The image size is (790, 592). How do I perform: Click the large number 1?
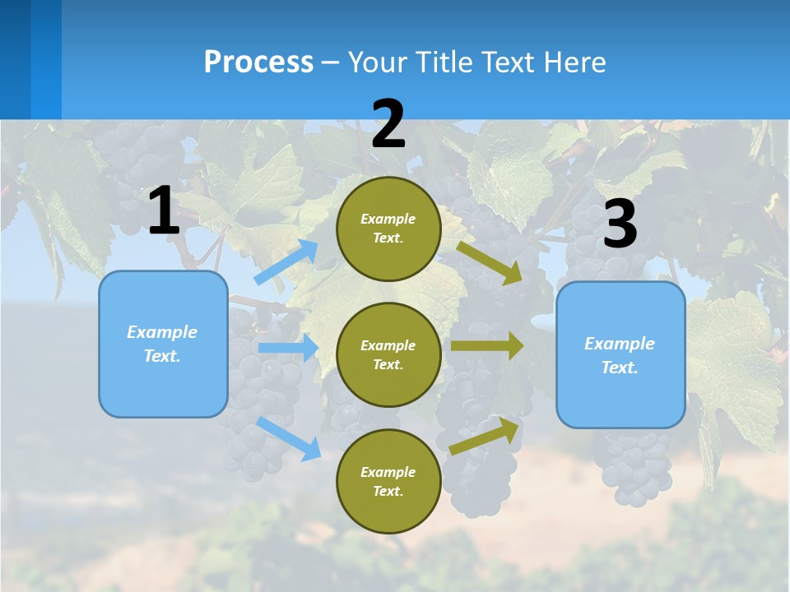click(164, 211)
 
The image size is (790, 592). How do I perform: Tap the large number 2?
click(388, 124)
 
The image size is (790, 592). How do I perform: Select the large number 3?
click(620, 224)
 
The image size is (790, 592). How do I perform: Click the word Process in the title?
click(258, 62)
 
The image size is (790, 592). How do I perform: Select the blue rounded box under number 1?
click(163, 344)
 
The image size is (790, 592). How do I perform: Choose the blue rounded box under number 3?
click(620, 355)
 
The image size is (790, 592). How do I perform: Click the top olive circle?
click(388, 229)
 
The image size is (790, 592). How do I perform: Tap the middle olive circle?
click(388, 354)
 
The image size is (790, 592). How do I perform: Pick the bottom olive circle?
click(388, 481)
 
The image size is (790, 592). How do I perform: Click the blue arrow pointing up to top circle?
click(286, 262)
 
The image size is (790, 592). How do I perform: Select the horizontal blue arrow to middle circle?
click(288, 348)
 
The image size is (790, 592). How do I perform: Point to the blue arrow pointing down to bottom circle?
click(288, 438)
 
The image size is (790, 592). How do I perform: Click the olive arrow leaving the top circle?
click(490, 262)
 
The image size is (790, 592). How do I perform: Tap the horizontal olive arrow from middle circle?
click(486, 346)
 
